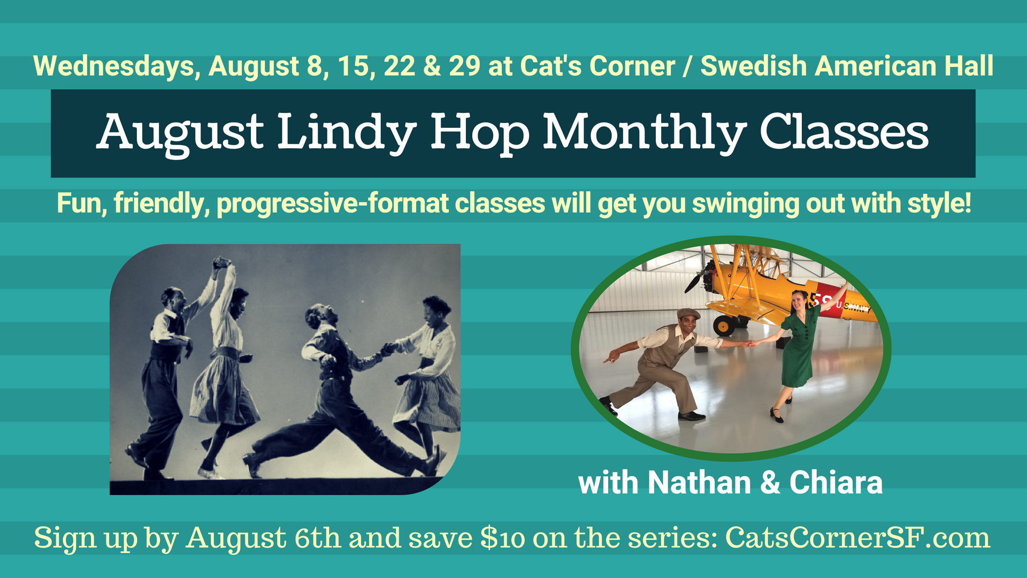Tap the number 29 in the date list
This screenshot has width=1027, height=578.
pos(464,66)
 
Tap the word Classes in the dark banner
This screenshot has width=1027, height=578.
pos(844,132)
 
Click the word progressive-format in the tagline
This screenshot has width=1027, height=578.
pos(333,204)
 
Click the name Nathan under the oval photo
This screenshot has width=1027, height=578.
pos(700,483)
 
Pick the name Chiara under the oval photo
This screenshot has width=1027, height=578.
pos(836,483)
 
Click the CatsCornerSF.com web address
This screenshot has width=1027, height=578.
pos(858,538)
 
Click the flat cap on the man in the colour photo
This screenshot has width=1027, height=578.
pos(688,314)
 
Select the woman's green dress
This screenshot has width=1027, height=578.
pos(799,347)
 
